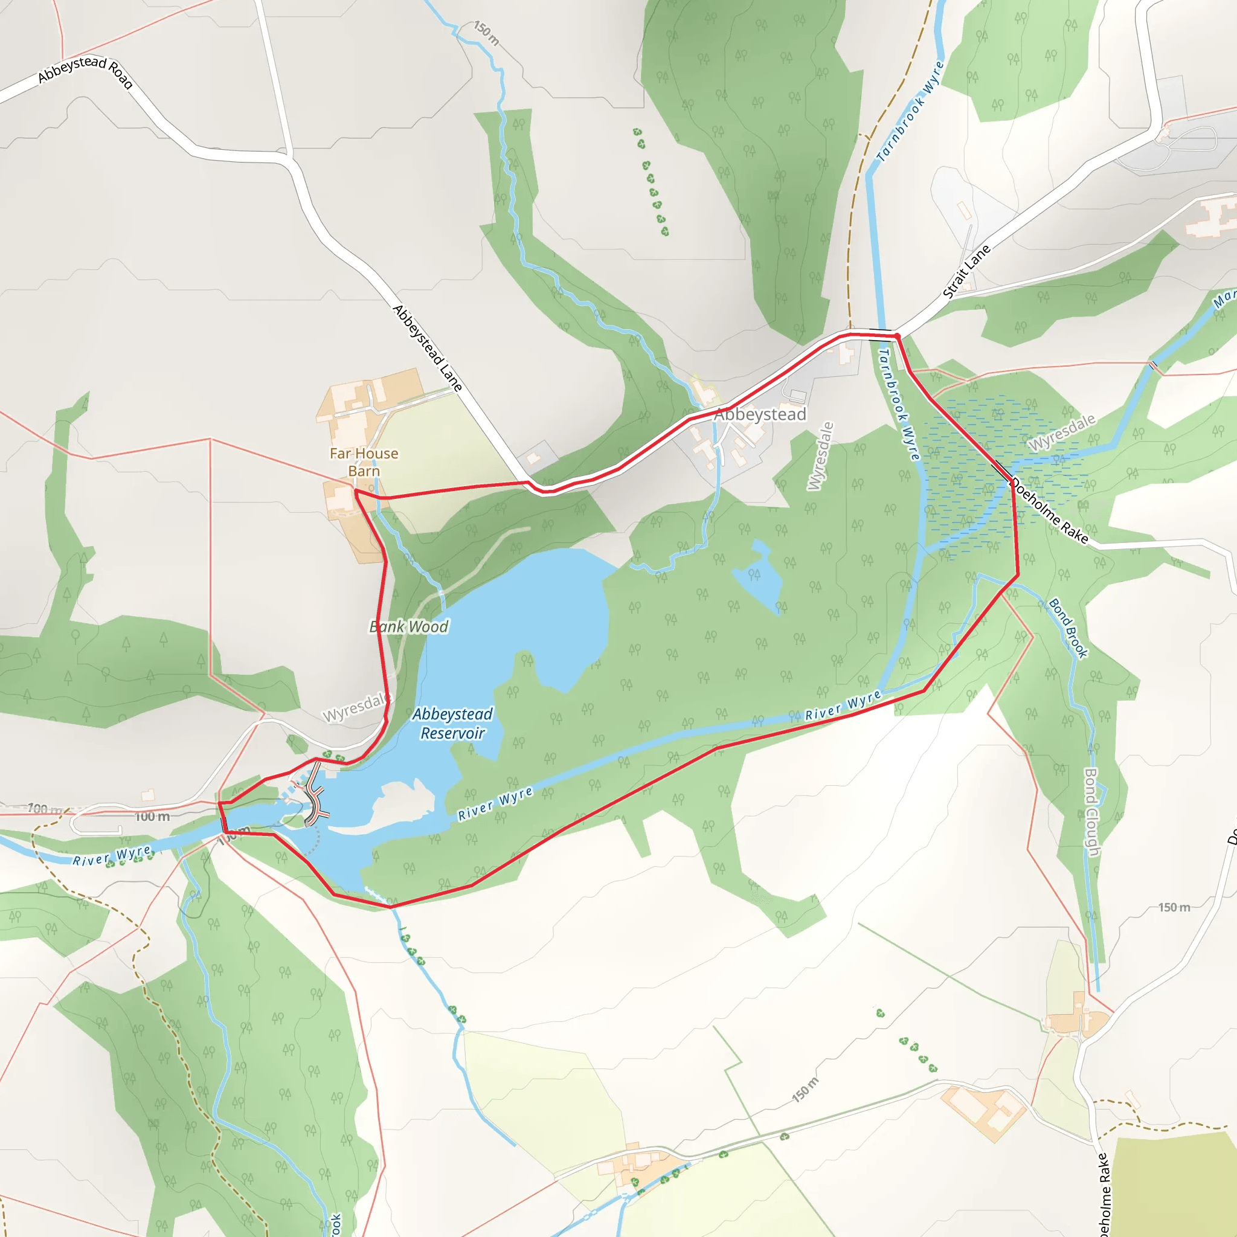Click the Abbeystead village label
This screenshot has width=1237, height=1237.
tap(760, 414)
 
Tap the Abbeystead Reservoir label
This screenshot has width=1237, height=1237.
tap(452, 724)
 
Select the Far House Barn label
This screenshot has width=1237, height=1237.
tap(364, 461)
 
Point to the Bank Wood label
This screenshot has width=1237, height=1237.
tap(409, 626)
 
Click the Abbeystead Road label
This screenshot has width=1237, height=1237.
tap(85, 71)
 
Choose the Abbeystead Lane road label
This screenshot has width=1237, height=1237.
tap(427, 348)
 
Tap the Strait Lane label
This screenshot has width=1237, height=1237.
tap(967, 271)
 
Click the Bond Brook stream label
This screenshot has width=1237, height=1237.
tap(1068, 628)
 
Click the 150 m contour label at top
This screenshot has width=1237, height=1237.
tap(487, 33)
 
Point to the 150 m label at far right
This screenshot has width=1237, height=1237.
tap(1174, 907)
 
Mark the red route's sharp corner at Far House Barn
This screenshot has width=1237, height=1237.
tap(355, 491)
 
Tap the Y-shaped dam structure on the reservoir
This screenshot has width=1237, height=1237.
tap(316, 798)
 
